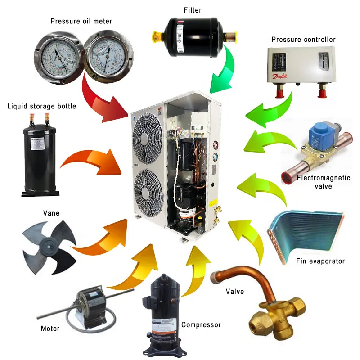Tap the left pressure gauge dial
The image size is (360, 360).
click(58, 58)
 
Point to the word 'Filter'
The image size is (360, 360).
click(193, 9)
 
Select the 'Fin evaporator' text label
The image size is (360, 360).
click(320, 261)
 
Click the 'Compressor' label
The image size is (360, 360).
click(201, 324)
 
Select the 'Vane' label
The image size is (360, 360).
click(50, 213)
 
